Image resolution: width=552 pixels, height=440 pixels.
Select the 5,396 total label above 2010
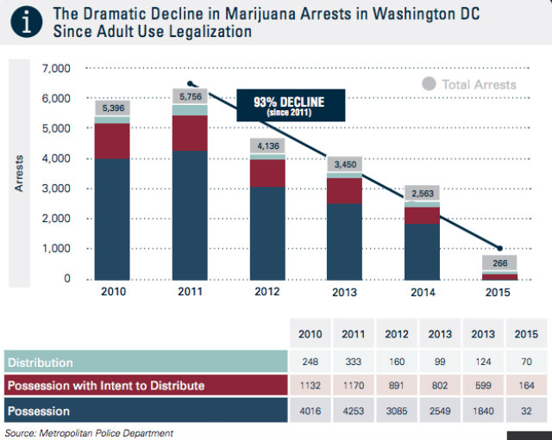(x=112, y=108)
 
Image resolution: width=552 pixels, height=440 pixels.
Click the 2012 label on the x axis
(x=267, y=292)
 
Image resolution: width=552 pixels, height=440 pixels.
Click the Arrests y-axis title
(x=19, y=173)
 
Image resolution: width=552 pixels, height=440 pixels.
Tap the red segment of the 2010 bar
(x=112, y=140)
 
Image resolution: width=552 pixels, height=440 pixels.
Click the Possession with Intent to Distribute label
(x=107, y=386)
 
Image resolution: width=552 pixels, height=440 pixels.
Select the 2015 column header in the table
(x=519, y=334)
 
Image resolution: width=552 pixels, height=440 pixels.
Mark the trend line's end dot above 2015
(x=499, y=248)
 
